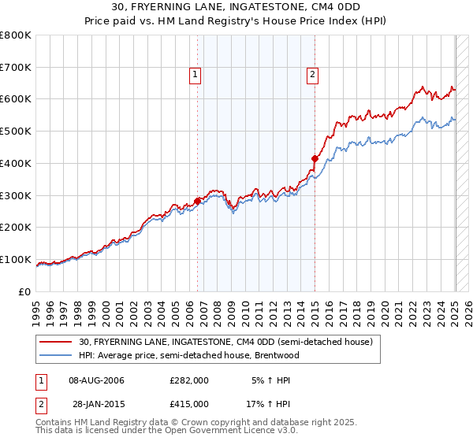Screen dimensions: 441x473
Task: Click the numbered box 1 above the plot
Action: click(195, 75)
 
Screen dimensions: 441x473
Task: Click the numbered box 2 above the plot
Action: click(312, 75)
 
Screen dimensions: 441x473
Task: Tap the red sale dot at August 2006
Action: click(198, 201)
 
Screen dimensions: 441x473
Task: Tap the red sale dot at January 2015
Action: click(315, 158)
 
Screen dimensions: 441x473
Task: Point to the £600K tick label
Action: click(16, 99)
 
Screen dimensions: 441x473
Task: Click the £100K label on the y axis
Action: click(16, 259)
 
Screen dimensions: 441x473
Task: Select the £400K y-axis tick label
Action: click(16, 163)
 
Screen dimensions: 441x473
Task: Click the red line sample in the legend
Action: click(56, 342)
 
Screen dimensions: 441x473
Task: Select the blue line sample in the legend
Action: click(56, 355)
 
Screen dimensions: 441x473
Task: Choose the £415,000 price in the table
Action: click(189, 403)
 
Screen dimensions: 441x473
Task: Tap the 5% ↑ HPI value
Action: click(270, 380)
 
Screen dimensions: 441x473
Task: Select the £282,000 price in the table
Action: click(189, 380)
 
